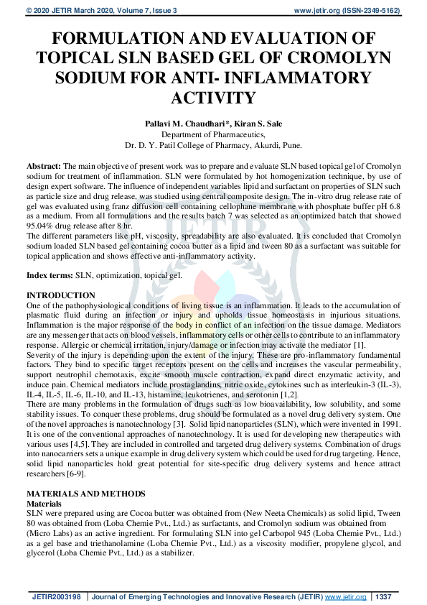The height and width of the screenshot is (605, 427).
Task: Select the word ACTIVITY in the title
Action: [x=213, y=97]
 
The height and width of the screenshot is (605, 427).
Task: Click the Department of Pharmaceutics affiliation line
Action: [x=213, y=134]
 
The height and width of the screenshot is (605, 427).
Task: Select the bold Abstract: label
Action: [x=44, y=166]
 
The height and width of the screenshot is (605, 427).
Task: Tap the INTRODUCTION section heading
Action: [x=60, y=295]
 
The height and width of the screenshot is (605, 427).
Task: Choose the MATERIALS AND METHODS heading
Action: [x=85, y=495]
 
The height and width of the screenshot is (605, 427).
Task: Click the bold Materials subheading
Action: [x=46, y=504]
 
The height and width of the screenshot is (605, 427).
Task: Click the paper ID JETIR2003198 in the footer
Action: [x=56, y=597]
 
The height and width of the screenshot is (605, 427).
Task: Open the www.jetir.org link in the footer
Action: [x=345, y=597]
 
